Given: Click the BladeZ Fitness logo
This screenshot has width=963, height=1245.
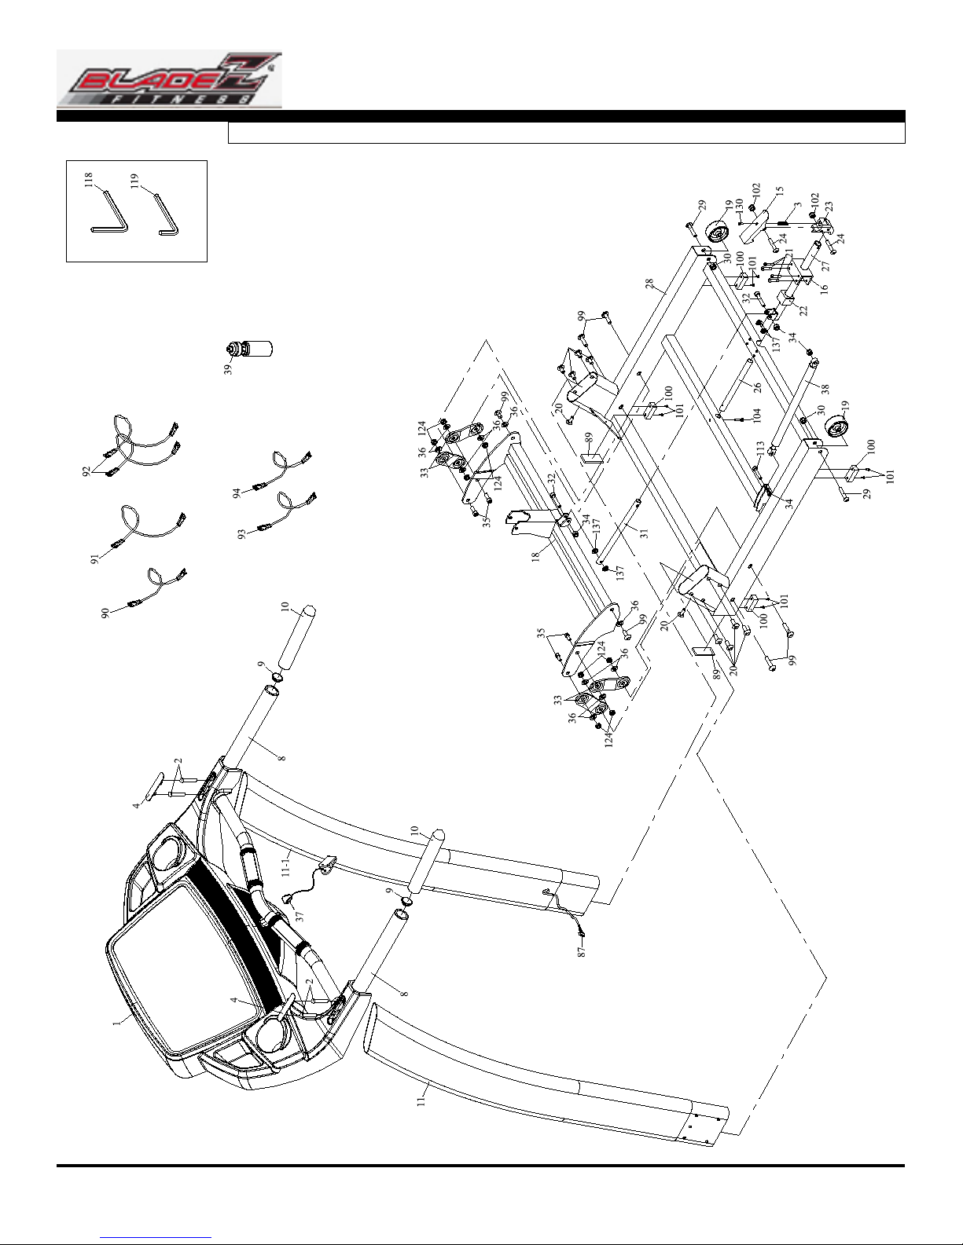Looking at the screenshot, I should (169, 80).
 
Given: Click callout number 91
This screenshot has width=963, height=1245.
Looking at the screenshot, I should (95, 559).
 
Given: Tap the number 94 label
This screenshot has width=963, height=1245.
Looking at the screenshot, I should (236, 494).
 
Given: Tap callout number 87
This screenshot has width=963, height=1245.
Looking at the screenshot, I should (583, 950).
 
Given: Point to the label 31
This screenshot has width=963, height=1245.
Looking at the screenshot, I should (643, 533).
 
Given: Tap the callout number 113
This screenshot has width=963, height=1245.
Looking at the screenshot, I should (760, 448).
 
